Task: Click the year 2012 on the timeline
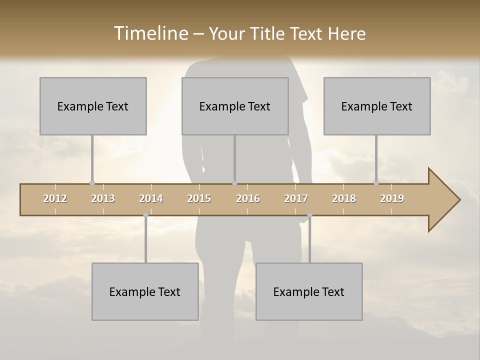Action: point(55,199)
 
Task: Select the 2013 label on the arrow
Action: point(103,199)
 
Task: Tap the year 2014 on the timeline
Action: point(151,199)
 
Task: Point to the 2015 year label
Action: point(199,199)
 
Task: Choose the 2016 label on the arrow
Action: point(248,199)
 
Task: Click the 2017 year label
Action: point(296,199)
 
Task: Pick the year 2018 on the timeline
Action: point(344,199)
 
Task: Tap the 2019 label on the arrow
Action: point(392,199)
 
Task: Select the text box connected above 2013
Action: point(93,106)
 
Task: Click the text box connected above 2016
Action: point(235,106)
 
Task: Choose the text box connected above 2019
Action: point(377,106)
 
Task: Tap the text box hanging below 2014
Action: point(145,291)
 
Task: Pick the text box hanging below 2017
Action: point(309,291)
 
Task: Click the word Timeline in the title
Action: point(150,33)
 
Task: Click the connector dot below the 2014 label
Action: point(145,215)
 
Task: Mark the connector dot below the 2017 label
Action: point(309,215)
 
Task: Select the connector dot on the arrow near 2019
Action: point(376,183)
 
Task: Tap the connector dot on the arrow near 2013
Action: point(92,183)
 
